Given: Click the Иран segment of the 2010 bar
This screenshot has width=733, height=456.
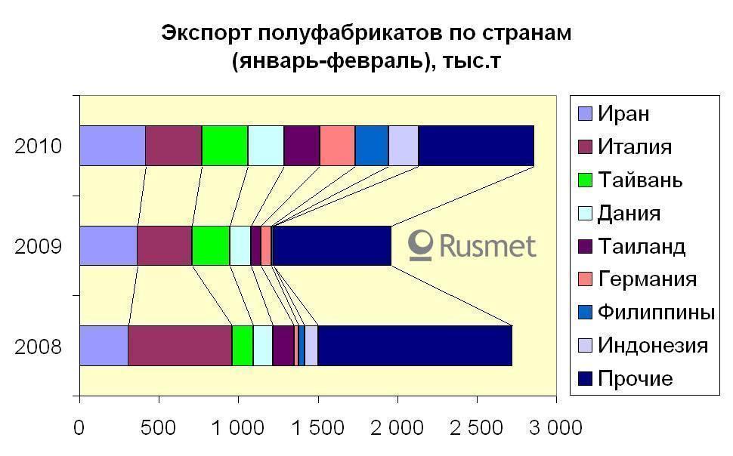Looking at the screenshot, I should pyautogui.click(x=112, y=145).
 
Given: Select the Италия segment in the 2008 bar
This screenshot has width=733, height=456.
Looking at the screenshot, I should pyautogui.click(x=180, y=346).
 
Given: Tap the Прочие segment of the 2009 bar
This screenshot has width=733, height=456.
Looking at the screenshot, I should pyautogui.click(x=332, y=245).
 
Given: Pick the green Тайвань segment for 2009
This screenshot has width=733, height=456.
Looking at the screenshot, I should pyautogui.click(x=211, y=245).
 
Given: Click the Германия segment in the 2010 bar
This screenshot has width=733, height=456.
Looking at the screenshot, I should pyautogui.click(x=337, y=145).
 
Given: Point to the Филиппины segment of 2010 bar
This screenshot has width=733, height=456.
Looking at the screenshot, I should pyautogui.click(x=372, y=145).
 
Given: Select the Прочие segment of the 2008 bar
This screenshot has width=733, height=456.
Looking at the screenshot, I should pyautogui.click(x=415, y=346).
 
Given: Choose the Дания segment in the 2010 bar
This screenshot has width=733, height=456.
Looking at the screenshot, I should pyautogui.click(x=266, y=145).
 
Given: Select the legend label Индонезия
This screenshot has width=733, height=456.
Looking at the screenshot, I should pyautogui.click(x=653, y=345).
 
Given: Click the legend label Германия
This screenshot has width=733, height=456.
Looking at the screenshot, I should pyautogui.click(x=647, y=279).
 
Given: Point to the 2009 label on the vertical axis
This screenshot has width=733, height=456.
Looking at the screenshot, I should pyautogui.click(x=38, y=247).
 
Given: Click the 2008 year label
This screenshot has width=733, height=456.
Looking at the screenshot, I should pyautogui.click(x=38, y=347).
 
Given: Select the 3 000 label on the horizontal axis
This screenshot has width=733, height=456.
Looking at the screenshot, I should pyautogui.click(x=553, y=429).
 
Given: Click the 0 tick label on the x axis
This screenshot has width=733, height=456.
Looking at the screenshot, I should pyautogui.click(x=79, y=429).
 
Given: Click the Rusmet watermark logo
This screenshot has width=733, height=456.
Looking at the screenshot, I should pyautogui.click(x=472, y=246).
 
